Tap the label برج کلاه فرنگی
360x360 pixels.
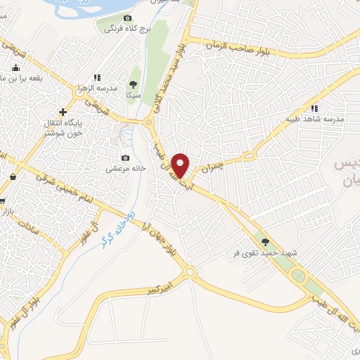pyautogui.click(x=127, y=30)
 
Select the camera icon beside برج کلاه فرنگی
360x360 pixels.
pyautogui.click(x=127, y=18)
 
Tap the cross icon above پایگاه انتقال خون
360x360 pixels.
pyautogui.click(x=63, y=111)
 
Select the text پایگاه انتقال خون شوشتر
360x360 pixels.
pyautogui.click(x=63, y=127)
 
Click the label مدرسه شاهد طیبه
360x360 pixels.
pyautogui.click(x=314, y=119)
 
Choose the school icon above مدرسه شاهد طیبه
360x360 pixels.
pyautogui.click(x=314, y=108)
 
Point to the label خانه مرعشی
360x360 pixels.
pyautogui.click(x=125, y=169)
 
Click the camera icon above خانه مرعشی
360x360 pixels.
pyautogui.click(x=125, y=157)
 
